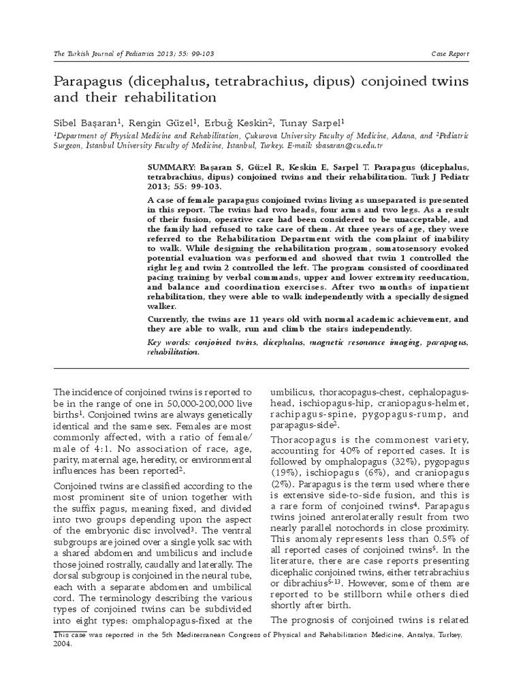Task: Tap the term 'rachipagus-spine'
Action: [x=305, y=414]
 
